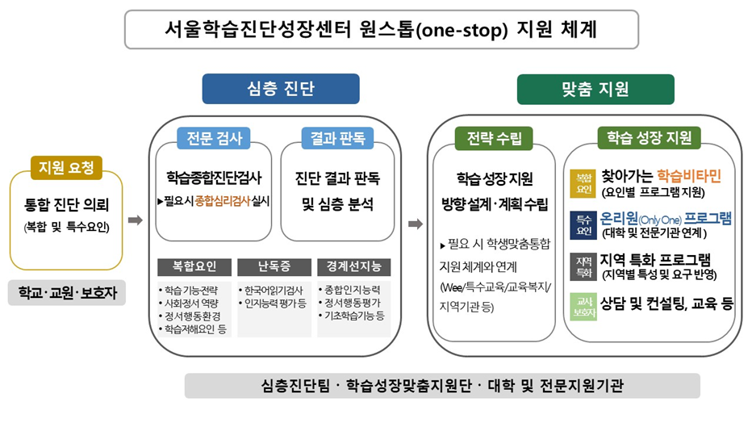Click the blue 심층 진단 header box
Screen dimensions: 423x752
click(280, 89)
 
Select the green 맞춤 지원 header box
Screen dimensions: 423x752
click(595, 89)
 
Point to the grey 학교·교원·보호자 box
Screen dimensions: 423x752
click(67, 292)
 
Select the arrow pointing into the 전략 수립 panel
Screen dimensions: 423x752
click(416, 224)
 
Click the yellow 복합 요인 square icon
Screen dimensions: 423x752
click(583, 183)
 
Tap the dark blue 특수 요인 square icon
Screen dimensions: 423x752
click(583, 225)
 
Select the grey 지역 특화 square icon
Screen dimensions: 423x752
click(583, 266)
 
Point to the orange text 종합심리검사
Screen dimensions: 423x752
click(223, 199)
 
